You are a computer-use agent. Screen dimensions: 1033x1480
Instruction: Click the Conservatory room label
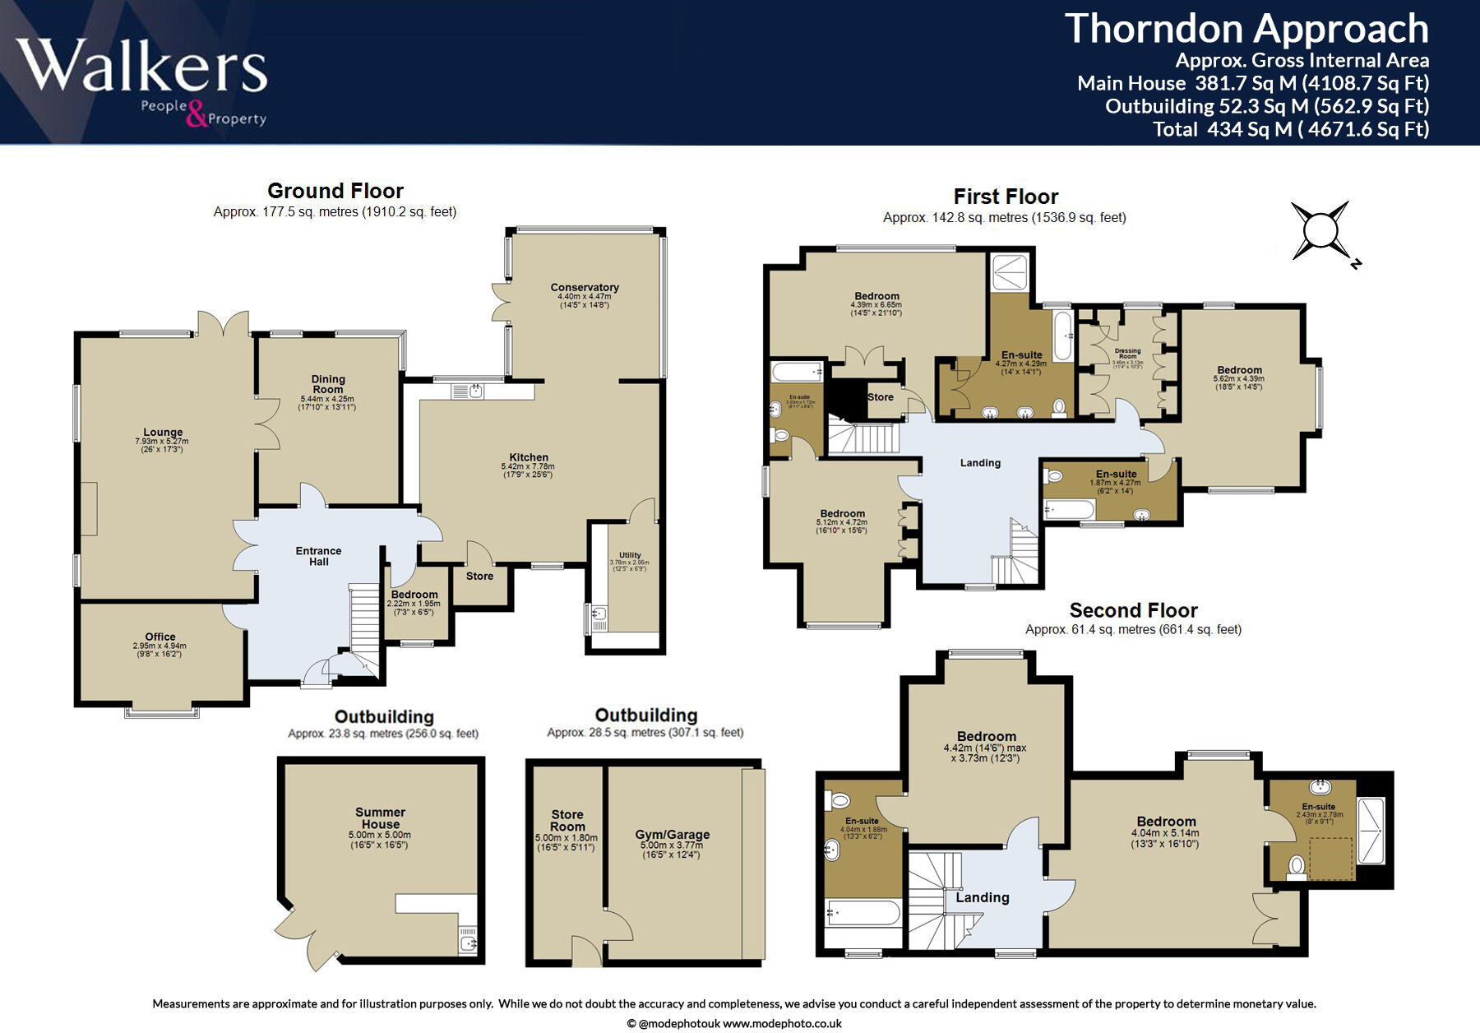[x=585, y=288]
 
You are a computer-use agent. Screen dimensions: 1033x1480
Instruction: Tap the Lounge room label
[x=163, y=433]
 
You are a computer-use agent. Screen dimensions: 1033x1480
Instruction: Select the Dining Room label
[x=328, y=384]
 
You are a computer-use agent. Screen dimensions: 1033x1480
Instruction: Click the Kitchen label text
[x=529, y=457]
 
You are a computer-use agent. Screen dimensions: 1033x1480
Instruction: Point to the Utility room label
[x=630, y=555]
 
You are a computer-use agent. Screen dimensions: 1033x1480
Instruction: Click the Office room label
[x=160, y=637]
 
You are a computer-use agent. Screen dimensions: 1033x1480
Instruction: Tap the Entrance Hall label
[x=319, y=557]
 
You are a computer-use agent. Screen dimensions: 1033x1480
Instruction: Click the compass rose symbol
[x=1320, y=229]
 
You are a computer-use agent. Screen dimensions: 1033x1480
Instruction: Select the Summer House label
[x=380, y=818]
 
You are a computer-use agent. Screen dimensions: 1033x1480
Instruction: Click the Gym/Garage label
[x=672, y=835]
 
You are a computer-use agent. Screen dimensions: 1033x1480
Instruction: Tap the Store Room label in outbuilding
[x=567, y=821]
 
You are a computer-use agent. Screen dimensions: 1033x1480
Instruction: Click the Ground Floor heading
[x=335, y=191]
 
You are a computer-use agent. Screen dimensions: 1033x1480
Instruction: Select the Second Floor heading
[x=1133, y=610]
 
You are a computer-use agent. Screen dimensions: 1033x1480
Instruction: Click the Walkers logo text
[x=141, y=65]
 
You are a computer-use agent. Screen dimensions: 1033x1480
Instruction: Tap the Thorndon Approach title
[x=1246, y=29]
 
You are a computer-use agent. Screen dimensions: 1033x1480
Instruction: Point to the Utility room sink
[x=598, y=614]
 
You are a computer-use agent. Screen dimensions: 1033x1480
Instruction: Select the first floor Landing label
[x=980, y=463]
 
